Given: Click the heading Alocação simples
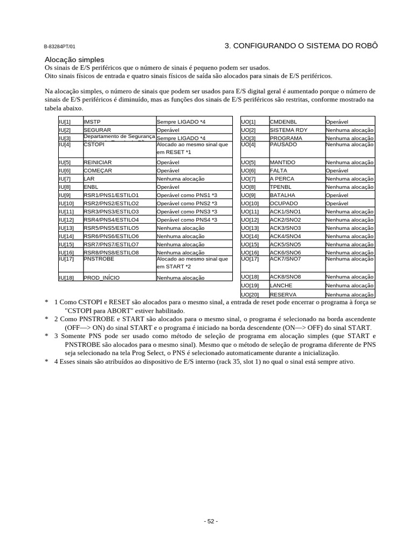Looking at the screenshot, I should pos(74,59).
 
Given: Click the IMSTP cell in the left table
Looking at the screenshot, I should pos(92,122).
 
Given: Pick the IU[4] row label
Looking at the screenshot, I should pos(65,144).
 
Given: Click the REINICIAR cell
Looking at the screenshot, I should pos(98,162).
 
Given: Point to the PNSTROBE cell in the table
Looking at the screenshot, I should pos(99,259).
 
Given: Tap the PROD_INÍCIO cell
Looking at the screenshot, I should pos(101,278).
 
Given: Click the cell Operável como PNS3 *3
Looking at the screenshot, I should pos(187,212).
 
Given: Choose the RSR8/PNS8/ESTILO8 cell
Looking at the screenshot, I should pos(111,252).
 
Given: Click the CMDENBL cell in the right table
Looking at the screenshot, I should pos(283,122).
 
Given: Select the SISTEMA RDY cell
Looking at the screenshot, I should pos(288,130).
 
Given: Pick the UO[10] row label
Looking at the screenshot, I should pos(250,204).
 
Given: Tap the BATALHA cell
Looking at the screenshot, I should pos(282,195).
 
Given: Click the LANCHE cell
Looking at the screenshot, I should pos(281,285).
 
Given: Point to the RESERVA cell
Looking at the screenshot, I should pos(283,295).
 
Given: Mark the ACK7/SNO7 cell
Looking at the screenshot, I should pos(285,259).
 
